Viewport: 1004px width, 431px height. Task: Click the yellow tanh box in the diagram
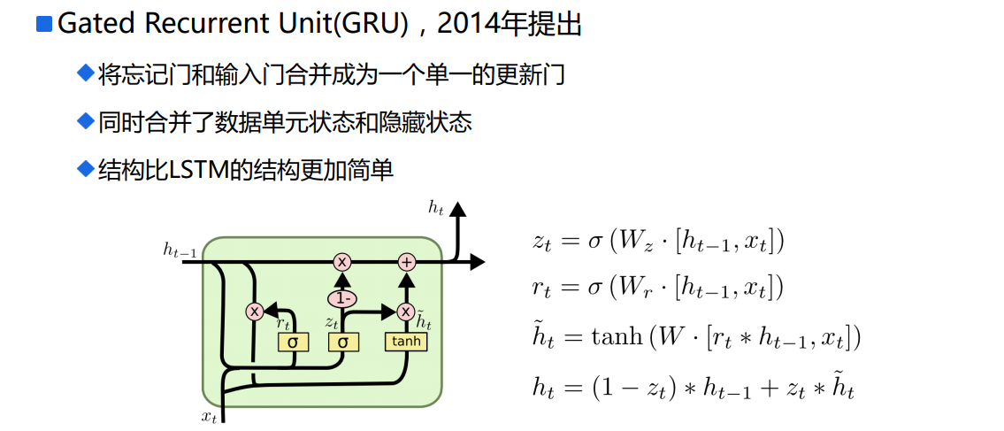405,342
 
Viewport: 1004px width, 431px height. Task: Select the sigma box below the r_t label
292,342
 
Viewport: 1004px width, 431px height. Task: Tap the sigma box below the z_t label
342,342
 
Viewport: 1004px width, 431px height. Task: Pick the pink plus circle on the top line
406,262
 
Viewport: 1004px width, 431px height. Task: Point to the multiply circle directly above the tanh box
406,312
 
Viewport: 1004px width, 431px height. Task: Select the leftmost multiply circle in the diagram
255,312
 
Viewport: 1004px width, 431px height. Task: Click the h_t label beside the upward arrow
435,208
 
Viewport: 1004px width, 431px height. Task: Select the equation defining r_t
658,288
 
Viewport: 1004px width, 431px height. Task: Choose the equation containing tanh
695,337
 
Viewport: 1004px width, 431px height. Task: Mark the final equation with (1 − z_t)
694,387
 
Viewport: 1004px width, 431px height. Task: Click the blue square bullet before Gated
44,24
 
